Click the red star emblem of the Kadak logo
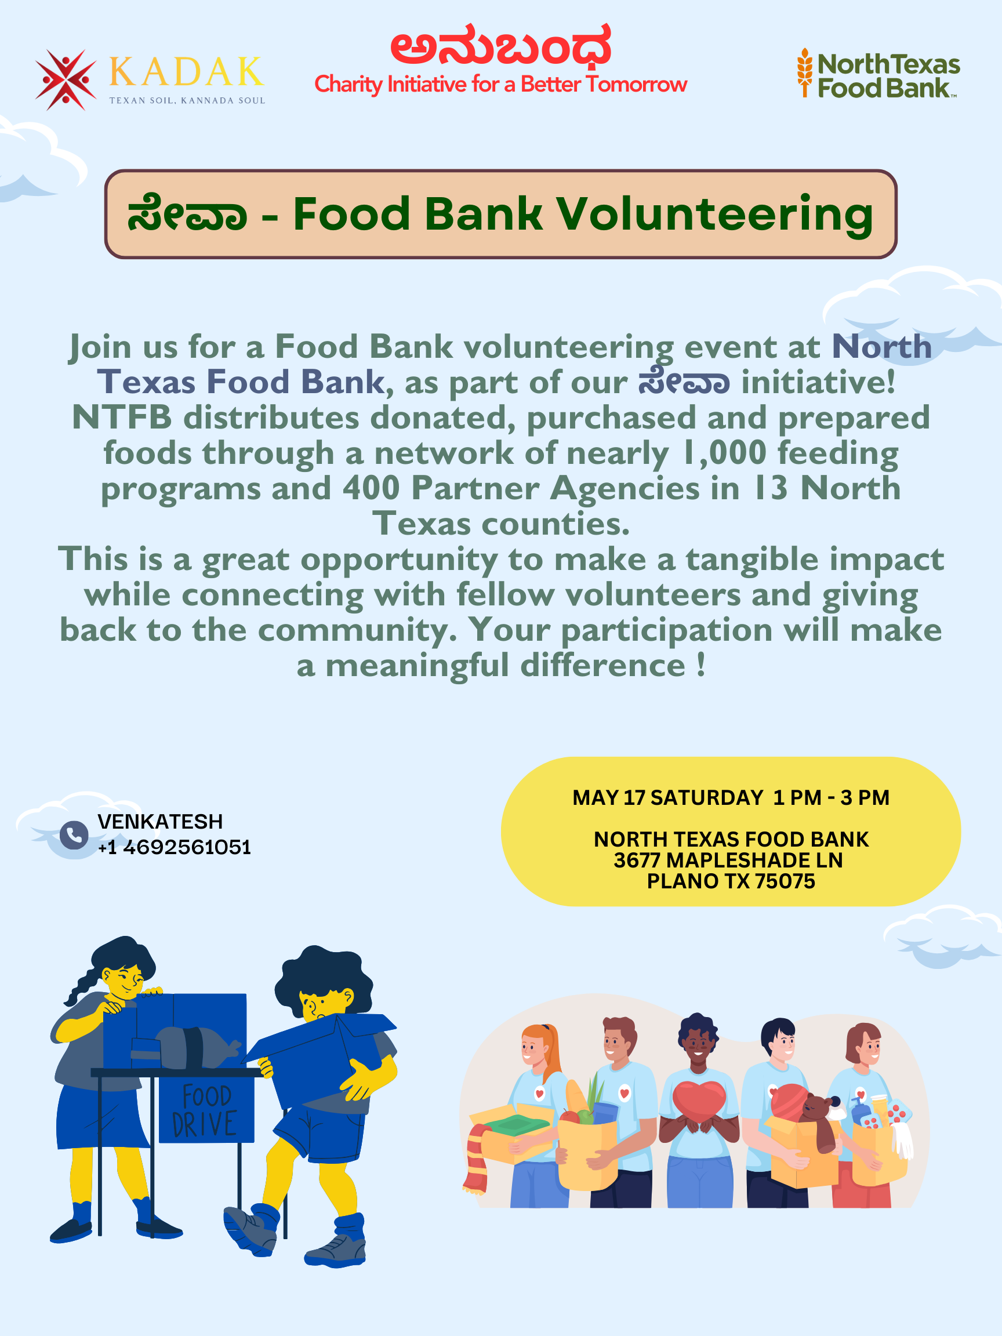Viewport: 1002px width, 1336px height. point(65,79)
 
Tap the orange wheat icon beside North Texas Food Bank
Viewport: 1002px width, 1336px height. point(804,72)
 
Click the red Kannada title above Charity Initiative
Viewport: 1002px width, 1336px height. point(500,46)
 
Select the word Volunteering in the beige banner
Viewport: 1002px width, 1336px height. point(714,215)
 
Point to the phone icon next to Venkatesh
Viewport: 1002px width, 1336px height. point(74,834)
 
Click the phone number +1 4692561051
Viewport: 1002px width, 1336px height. point(175,847)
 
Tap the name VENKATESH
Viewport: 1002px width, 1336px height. point(160,822)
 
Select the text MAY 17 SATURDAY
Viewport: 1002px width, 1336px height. point(668,797)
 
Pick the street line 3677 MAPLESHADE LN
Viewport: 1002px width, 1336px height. point(728,860)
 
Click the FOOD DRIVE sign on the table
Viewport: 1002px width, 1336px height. point(206,1110)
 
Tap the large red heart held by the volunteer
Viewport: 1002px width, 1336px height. point(699,1101)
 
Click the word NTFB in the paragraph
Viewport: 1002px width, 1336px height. point(122,418)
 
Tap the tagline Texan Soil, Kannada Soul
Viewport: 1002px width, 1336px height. point(187,100)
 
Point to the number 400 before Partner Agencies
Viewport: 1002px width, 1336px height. point(371,488)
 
